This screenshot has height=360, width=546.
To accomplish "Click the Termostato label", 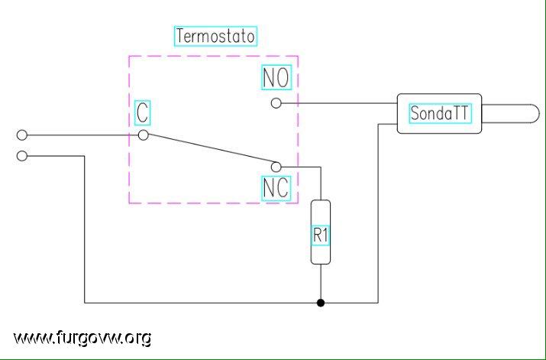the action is point(215,36).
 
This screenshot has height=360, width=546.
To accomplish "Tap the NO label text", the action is point(276,77).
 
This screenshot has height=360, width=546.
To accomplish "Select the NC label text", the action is point(276,188).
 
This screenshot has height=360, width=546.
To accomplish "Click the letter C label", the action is point(143,112).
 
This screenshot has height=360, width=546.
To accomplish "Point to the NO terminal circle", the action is point(276,103).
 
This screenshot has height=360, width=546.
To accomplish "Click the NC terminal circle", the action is point(276,167).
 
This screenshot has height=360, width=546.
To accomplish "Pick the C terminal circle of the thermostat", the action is point(143,135).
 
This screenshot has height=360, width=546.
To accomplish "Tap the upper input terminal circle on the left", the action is point(22,135).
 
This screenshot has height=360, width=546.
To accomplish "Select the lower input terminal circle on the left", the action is point(22,156).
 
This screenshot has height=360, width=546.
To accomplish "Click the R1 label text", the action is point(321,235).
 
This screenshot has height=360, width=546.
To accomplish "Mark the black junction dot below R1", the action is point(321,303).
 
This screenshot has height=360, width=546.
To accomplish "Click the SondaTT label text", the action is point(439,113).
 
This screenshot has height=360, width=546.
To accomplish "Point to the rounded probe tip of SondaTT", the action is point(539,114).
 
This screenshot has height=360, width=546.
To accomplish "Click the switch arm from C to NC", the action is point(210,151).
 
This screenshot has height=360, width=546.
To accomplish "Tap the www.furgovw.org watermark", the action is point(82,338).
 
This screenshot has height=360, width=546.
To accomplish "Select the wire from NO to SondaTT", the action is point(339,103).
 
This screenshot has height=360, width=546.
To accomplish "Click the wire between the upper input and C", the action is point(82,135).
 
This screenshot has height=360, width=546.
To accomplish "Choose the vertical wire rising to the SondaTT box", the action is point(378,213).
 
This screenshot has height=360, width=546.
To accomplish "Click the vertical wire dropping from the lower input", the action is point(85,229).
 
